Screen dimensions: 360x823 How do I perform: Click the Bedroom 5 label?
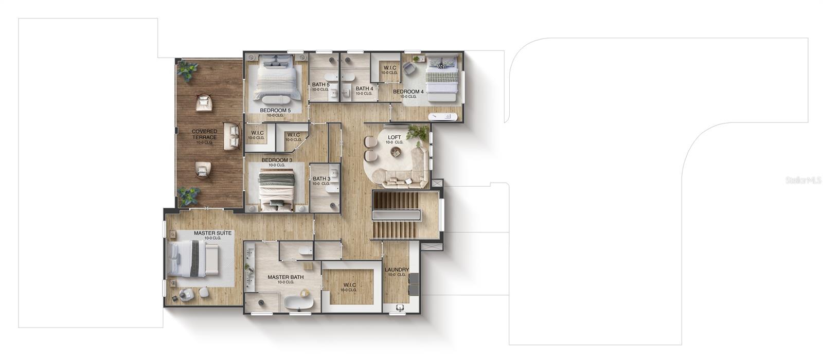pos(275,110)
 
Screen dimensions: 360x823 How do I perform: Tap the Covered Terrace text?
pos(204,134)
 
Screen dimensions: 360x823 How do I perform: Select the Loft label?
pos(395,137)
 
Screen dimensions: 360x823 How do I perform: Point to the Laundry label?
pos(397,269)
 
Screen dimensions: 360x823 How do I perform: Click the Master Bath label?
pos(285,277)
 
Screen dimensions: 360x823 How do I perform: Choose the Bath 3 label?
pos(321,179)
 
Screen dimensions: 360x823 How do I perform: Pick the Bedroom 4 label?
pos(408,92)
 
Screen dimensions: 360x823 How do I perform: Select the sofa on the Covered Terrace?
pos(232,136)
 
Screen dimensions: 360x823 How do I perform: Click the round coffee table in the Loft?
pos(396,152)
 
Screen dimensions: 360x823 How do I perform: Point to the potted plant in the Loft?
pos(417,133)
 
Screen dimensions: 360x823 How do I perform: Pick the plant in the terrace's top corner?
pos(187,70)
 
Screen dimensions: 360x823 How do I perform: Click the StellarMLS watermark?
pos(803,181)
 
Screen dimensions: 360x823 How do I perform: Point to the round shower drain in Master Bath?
pos(261,302)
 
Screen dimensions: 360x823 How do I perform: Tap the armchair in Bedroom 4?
pos(410,68)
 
